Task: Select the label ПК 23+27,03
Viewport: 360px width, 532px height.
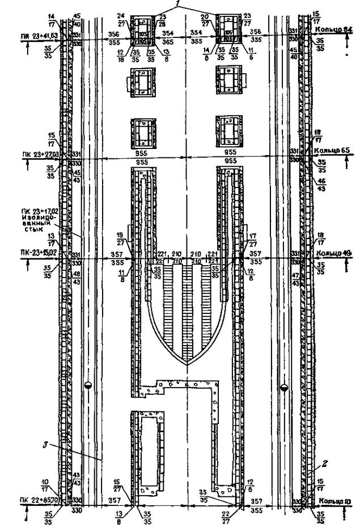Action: click(x=40, y=154)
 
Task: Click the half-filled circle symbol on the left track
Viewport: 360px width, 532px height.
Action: click(x=87, y=386)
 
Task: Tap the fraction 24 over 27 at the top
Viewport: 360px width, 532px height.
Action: click(x=121, y=18)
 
